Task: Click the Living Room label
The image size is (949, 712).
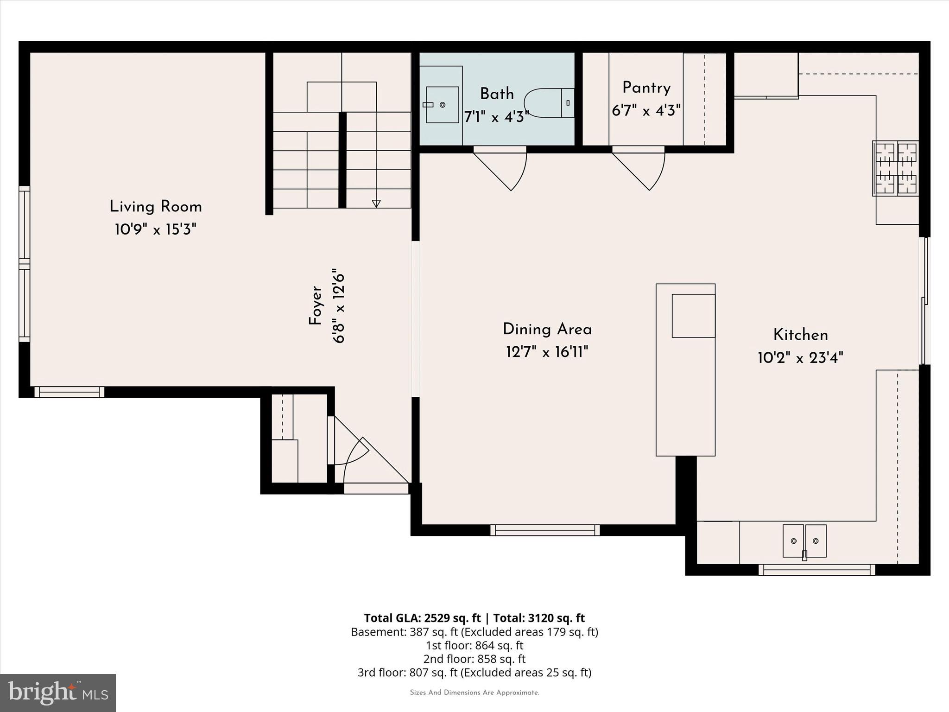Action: coord(156,207)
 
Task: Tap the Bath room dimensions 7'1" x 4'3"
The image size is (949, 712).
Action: coord(496,117)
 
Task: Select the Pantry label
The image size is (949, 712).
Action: coord(646,88)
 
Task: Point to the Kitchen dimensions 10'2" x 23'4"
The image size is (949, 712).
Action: coord(800,358)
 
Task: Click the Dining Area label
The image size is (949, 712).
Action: coord(547,330)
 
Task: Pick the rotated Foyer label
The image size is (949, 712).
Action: coord(316,305)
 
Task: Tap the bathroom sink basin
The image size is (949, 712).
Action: coord(442,105)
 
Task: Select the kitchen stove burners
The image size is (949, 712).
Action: coord(895,168)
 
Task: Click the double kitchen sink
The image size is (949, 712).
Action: coord(804,540)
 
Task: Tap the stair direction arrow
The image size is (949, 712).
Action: coord(376,203)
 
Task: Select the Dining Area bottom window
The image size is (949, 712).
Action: coord(545,530)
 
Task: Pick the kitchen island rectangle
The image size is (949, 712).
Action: coord(685,369)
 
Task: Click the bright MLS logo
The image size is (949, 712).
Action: coord(58,693)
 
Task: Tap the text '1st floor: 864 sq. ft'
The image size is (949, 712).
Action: coord(474,645)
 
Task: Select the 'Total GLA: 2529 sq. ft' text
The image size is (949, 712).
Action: coord(422,618)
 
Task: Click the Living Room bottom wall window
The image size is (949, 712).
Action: coord(69,392)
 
